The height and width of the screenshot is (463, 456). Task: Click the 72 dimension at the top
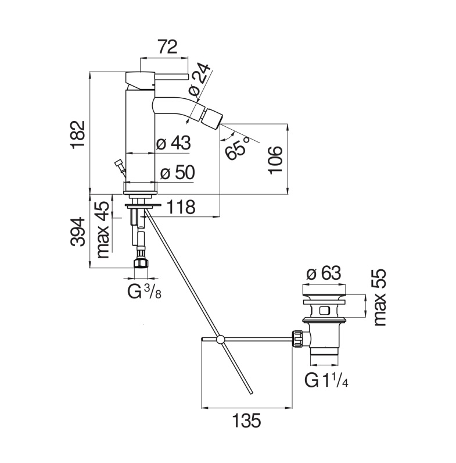click(167, 47)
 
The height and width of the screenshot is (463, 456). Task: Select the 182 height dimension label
click(78, 133)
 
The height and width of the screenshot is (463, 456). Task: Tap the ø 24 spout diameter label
click(200, 79)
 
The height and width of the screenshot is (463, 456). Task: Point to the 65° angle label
click(236, 148)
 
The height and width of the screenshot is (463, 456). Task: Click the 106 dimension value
click(275, 160)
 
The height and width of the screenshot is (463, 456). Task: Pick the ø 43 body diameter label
click(174, 143)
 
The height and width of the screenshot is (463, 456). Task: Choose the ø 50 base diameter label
click(178, 172)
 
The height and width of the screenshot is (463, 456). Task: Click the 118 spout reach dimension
click(181, 207)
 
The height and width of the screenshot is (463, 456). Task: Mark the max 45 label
click(103, 230)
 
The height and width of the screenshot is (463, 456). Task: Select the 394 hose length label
click(78, 231)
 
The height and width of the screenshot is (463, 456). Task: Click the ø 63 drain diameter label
click(324, 273)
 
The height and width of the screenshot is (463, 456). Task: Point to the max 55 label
click(380, 298)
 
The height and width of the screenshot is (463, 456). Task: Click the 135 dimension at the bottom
click(247, 420)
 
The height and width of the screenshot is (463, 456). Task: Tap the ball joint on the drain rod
click(220, 339)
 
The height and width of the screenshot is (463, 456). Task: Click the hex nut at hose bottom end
click(141, 263)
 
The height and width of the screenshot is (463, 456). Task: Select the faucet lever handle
click(171, 77)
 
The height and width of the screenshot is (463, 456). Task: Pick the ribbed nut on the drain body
click(297, 339)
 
